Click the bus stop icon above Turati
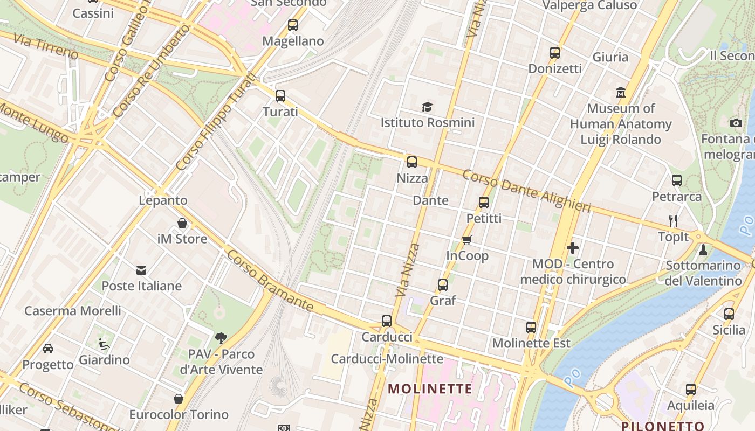(280, 96)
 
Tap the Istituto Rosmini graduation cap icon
(427, 107)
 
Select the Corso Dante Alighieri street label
(526, 191)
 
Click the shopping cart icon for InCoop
(467, 240)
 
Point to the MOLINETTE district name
(430, 388)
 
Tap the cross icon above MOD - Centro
(573, 248)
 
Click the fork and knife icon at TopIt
(673, 220)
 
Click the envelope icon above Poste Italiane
(141, 270)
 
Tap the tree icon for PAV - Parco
(221, 338)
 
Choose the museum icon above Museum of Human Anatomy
(621, 92)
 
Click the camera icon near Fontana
(736, 123)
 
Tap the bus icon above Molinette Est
(531, 327)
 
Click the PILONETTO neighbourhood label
(663, 426)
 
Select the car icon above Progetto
(48, 349)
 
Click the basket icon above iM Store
(182, 223)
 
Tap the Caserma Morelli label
(73, 311)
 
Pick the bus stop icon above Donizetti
(555, 53)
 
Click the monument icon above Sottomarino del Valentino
(703, 249)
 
